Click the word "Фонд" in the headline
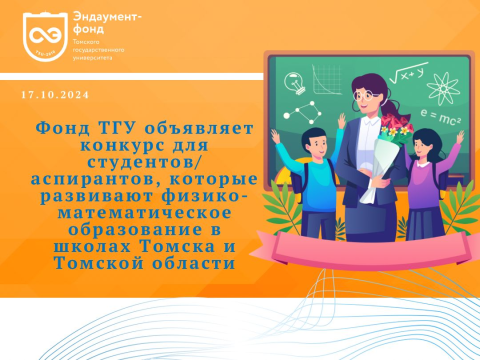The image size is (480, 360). coord(62,130)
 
